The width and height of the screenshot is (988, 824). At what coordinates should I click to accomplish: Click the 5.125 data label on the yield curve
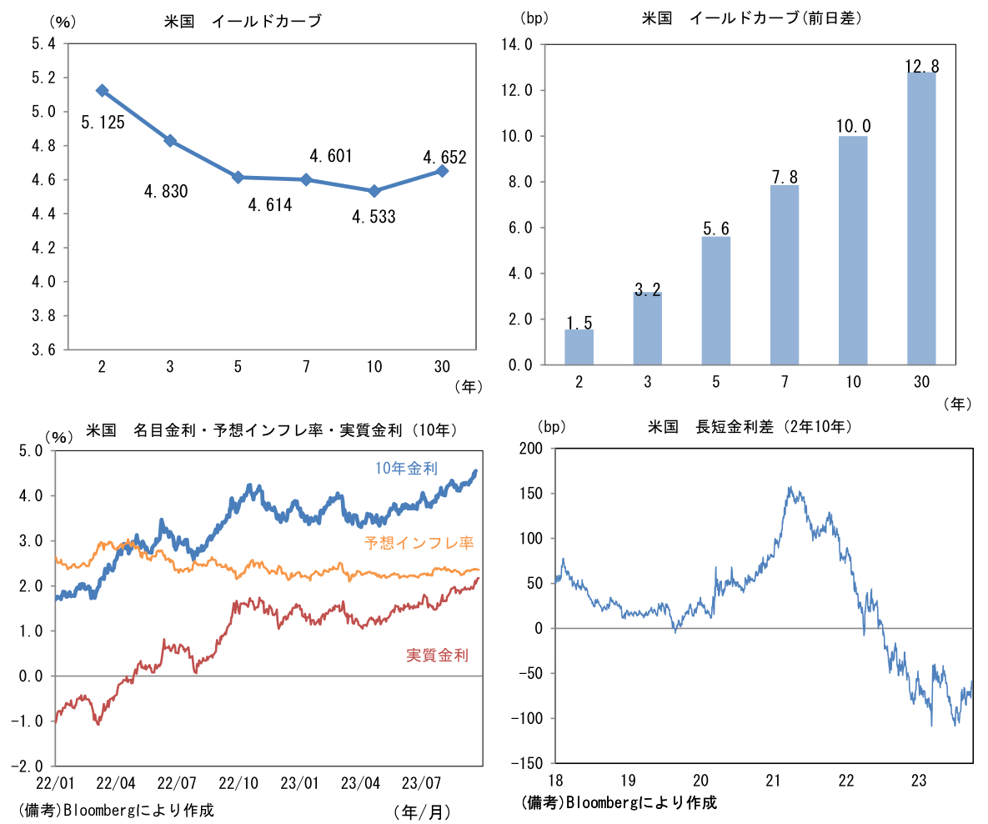pos(103,123)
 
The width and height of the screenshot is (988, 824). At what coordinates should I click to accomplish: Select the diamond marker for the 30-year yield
pos(442,171)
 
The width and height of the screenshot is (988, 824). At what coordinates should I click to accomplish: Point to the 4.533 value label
pos(374,218)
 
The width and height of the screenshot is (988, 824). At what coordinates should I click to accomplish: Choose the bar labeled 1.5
pos(579,347)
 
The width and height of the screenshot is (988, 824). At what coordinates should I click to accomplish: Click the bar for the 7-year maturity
pos(784,275)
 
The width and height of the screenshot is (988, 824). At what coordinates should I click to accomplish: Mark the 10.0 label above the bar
pos(852,126)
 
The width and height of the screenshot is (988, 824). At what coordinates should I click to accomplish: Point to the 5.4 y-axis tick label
pos(44,43)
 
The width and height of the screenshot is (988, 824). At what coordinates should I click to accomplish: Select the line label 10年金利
pos(405,469)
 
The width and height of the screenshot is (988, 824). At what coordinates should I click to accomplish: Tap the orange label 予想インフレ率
pos(419,543)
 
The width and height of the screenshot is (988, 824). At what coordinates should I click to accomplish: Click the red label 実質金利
pos(437,655)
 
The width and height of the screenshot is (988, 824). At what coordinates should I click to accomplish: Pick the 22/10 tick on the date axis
pos(238,783)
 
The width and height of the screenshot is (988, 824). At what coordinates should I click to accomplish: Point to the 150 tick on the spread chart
pos(531,493)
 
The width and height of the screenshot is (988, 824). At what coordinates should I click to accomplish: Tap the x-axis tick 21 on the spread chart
pos(773,780)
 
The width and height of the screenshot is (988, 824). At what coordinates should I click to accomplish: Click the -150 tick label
pos(527,764)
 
